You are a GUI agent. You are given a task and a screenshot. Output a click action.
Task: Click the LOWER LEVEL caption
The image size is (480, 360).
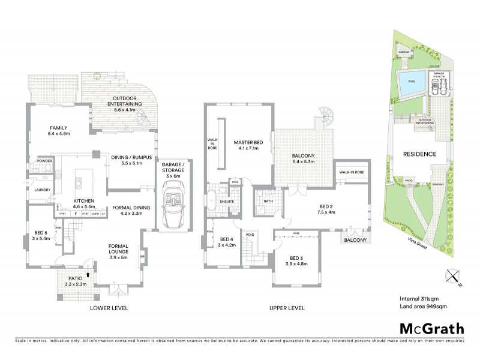tap(109, 308)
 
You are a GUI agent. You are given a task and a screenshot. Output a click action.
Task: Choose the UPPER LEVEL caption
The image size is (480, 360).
tap(286, 308)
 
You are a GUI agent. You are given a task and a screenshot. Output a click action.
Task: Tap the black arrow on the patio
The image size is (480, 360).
tap(89, 274)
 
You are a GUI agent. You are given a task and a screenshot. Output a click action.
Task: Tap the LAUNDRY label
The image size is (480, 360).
tap(42, 190)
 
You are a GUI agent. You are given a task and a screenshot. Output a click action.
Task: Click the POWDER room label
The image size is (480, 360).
tap(44, 161)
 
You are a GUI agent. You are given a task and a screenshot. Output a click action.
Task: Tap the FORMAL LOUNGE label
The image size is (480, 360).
tap(122, 249)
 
